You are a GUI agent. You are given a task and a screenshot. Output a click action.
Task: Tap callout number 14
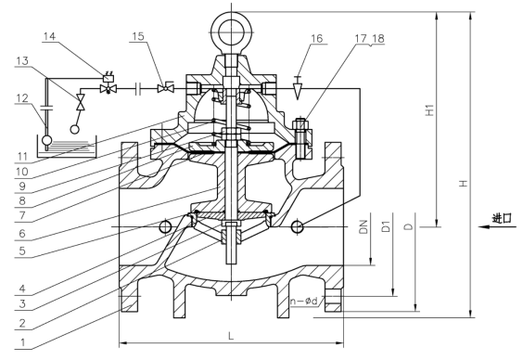49,36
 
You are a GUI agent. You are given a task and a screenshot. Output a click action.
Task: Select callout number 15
138,36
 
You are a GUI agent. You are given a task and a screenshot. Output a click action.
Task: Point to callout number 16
317,38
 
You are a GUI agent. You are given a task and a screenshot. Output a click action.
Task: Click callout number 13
22,60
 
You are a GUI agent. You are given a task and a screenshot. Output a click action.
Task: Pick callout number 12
22,98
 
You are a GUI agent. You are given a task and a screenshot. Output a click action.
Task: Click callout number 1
22,342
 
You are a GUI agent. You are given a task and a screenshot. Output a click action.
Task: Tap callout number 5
22,251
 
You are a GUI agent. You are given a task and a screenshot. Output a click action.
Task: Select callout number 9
22,186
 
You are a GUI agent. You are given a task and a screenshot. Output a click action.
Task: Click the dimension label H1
430,110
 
